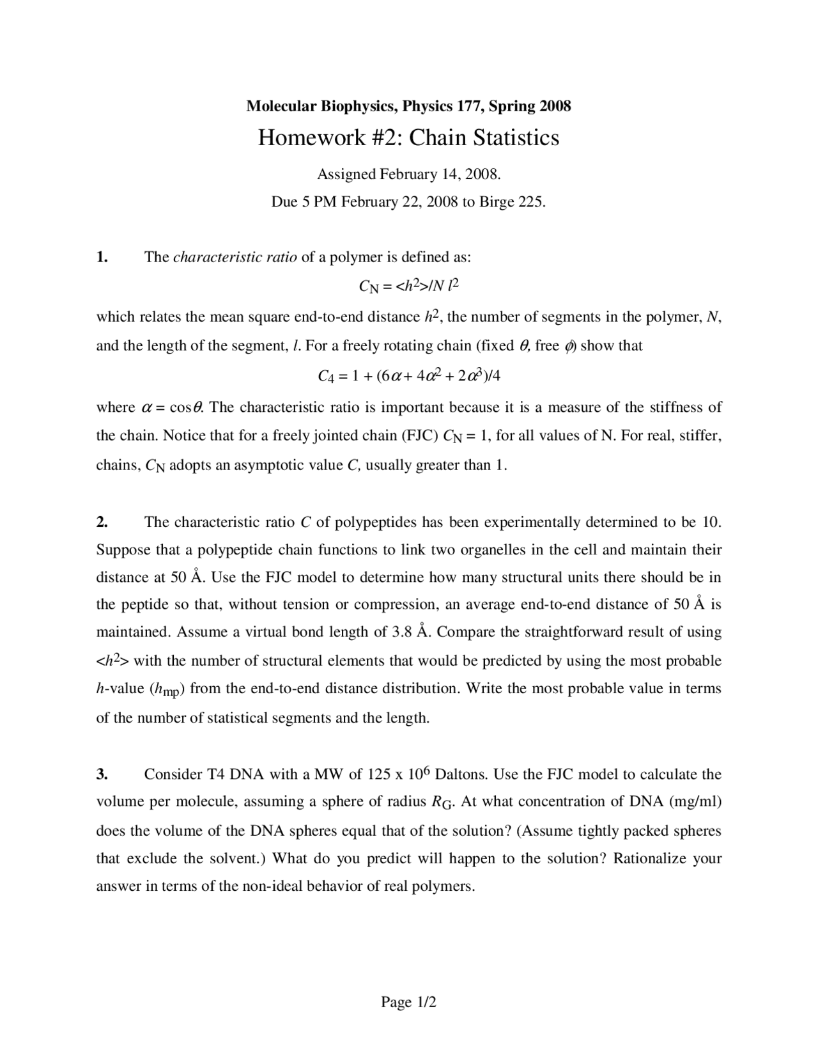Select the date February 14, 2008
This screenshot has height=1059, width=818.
point(440,174)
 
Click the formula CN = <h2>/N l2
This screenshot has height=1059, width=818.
point(409,286)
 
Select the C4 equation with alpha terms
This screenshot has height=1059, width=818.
point(409,375)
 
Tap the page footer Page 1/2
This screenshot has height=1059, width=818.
point(408,1002)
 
